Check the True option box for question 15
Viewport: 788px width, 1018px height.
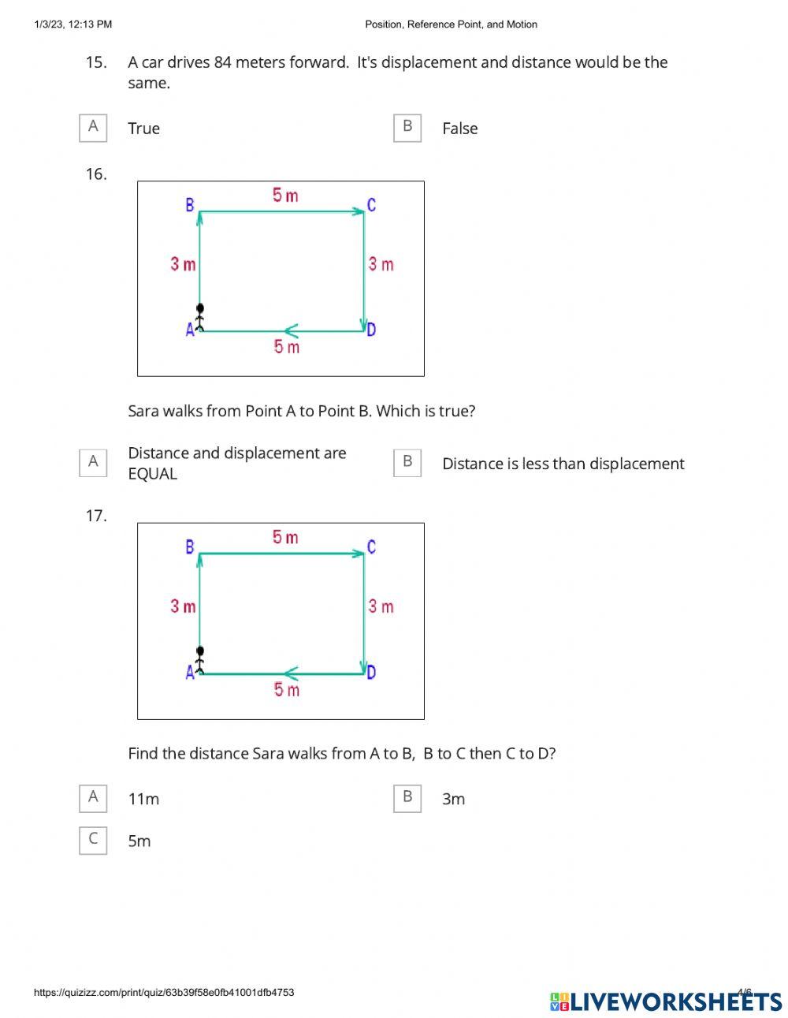pos(93,128)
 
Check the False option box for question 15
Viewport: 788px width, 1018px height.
pos(407,128)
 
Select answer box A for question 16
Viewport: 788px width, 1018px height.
pos(93,462)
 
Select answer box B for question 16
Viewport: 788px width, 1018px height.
pos(407,462)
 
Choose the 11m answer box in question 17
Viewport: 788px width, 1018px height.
pos(93,798)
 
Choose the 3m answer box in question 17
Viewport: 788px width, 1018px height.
pos(407,798)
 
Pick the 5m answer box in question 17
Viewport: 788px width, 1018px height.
pos(93,841)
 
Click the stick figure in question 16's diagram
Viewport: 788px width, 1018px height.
pos(200,317)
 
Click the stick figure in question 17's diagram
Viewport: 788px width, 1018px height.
pos(200,660)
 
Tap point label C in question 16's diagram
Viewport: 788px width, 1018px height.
pos(371,205)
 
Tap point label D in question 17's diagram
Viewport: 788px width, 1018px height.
pos(371,673)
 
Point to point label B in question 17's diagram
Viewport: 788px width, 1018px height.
pos(189,546)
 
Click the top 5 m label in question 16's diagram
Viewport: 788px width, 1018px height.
pos(285,196)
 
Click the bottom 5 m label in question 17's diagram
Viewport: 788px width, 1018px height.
pos(286,690)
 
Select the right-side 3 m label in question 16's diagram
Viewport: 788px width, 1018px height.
pos(381,264)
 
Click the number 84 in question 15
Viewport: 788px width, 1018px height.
pos(223,62)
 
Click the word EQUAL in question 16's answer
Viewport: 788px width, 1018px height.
pos(153,474)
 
